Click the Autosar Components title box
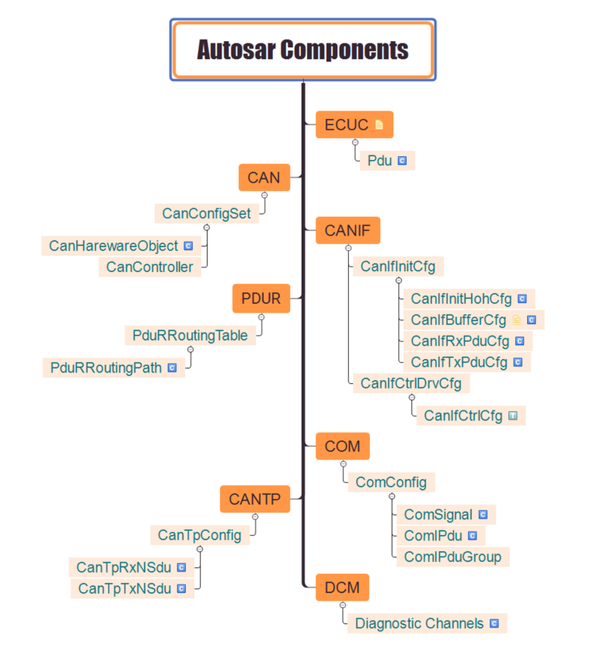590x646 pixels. (x=302, y=50)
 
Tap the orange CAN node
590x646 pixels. (x=264, y=177)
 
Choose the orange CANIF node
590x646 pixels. (x=347, y=230)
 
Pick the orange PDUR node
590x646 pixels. (x=261, y=298)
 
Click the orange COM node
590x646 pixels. (x=342, y=446)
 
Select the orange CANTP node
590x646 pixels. (x=255, y=498)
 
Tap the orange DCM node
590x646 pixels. (x=342, y=588)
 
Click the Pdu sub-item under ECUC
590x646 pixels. (x=379, y=161)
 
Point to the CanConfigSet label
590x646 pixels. (x=207, y=213)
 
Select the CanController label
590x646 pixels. (x=150, y=267)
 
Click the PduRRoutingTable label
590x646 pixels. (x=190, y=336)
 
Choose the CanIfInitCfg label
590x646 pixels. (x=398, y=267)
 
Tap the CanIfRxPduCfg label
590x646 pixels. (x=460, y=340)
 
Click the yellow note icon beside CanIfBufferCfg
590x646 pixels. (x=517, y=320)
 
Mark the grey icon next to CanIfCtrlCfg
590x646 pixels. (x=513, y=416)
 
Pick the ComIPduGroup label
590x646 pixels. (x=452, y=557)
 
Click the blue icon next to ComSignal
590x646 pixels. (x=483, y=515)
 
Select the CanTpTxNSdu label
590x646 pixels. (x=124, y=588)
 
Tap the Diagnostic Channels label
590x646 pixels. (x=419, y=623)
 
